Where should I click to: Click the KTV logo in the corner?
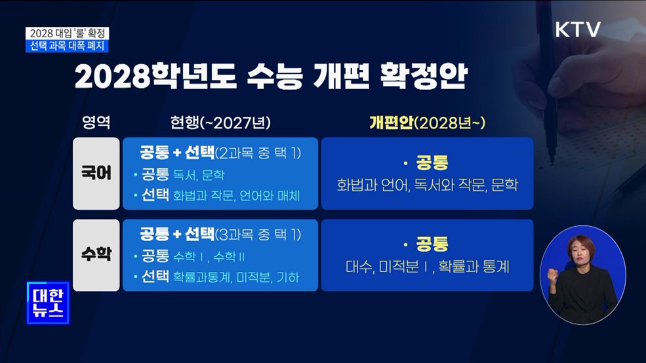pos(578,29)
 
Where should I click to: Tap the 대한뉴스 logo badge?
pos(48,303)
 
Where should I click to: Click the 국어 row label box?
pos(96,174)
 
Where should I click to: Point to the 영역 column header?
pos(96,123)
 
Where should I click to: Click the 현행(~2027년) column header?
pos(220,123)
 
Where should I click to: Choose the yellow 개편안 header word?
pos(391,123)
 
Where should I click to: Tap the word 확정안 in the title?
pos(423,77)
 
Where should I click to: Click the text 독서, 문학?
pos(199,175)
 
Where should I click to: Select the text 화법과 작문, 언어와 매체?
pos(237,196)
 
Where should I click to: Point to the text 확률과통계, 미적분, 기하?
pos(236,277)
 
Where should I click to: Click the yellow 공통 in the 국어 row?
pos(432,163)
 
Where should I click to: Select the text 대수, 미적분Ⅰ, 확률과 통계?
pos(427,267)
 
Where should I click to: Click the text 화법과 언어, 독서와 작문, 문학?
pos(427,185)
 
